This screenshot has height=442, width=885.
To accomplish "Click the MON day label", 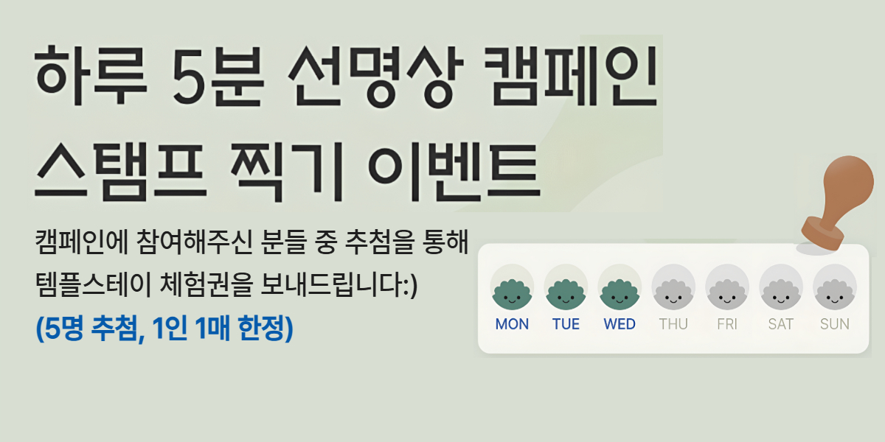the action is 512,324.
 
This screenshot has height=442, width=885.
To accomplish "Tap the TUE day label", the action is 566,324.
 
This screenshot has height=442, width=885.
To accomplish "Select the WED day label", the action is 619,324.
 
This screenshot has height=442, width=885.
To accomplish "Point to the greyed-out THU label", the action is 673,324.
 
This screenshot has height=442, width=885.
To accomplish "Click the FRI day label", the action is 727,324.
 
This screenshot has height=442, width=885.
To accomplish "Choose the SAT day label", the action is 781,324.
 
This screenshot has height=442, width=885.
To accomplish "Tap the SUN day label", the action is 834,324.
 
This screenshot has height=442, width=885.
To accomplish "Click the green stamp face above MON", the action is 512,294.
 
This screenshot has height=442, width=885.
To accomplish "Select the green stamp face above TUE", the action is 566,294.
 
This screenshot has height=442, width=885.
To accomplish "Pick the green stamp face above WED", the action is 619,294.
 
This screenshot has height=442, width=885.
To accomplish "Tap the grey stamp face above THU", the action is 673,294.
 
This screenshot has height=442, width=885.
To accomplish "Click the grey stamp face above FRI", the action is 727,294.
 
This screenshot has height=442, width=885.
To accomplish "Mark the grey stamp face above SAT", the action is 781,294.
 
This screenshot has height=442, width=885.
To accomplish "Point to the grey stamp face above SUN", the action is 834,294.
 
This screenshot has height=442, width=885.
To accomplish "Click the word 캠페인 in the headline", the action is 571,76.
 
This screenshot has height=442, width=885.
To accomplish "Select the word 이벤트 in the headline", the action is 454,172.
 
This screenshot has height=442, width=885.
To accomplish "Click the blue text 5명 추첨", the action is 90,329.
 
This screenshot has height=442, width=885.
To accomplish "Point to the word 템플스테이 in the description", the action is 93,284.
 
